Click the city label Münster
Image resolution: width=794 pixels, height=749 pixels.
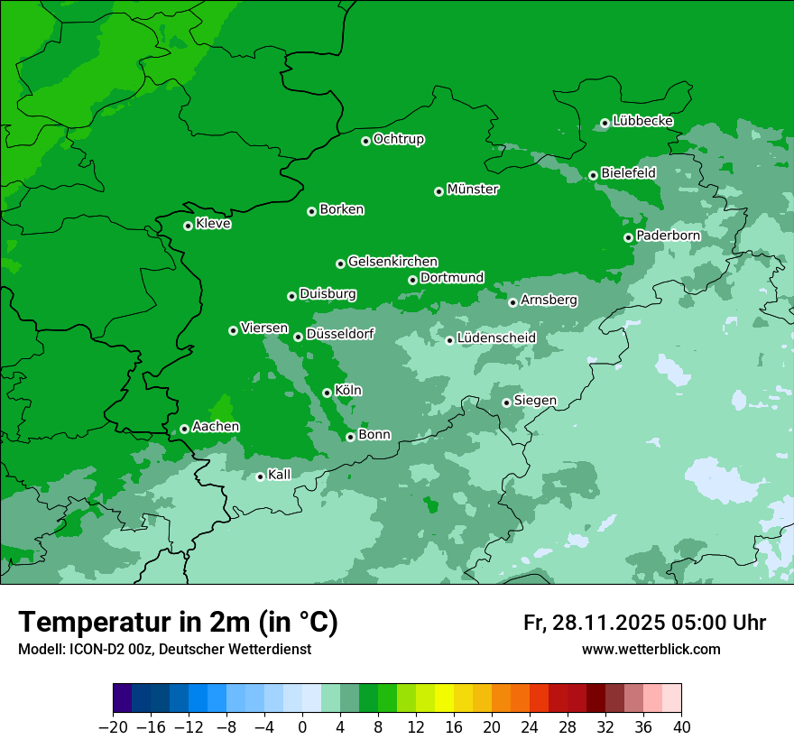pyautogui.click(x=473, y=190)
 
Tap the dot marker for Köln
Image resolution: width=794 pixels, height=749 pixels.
pyautogui.click(x=327, y=393)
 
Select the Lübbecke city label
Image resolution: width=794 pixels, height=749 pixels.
pyautogui.click(x=642, y=121)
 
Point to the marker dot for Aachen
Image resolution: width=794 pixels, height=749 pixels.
pyautogui.click(x=184, y=429)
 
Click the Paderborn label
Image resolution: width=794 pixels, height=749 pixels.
pyautogui.click(x=668, y=236)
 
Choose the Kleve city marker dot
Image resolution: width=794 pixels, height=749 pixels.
pyautogui.click(x=188, y=226)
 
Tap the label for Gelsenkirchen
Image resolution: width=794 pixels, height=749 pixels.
pyautogui.click(x=392, y=262)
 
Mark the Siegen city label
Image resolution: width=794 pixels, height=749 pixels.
pyautogui.click(x=535, y=401)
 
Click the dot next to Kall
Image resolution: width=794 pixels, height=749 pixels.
pyautogui.click(x=260, y=476)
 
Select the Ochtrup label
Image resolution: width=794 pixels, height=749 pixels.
pyautogui.click(x=399, y=139)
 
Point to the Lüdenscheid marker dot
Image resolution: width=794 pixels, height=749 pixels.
pyautogui.click(x=449, y=340)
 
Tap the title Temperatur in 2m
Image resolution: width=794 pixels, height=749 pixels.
pyautogui.click(x=178, y=623)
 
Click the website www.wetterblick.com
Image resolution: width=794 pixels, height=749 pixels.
pyautogui.click(x=651, y=649)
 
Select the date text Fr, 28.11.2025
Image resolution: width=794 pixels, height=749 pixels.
pyautogui.click(x=594, y=623)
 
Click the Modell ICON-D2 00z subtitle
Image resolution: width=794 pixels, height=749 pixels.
pyautogui.click(x=164, y=649)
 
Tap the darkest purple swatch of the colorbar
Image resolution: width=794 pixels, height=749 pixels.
pyautogui.click(x=122, y=698)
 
